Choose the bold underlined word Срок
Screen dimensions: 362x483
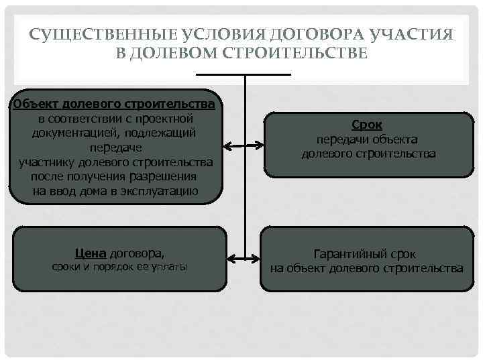tap(367, 125)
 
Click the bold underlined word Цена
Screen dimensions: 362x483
tap(91, 253)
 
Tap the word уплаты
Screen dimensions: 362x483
tap(169, 267)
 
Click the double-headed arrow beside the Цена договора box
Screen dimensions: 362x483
tap(244, 258)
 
